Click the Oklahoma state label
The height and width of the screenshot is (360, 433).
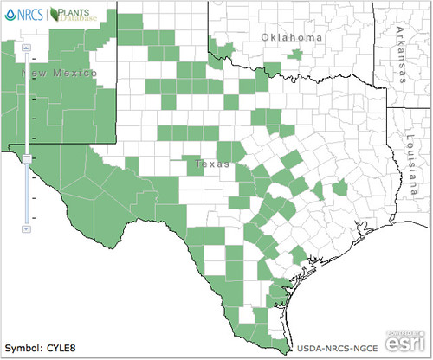(292, 38)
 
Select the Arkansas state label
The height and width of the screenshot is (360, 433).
(399, 54)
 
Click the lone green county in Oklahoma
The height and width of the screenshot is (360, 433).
(297, 55)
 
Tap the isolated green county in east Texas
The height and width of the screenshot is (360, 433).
(339, 187)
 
